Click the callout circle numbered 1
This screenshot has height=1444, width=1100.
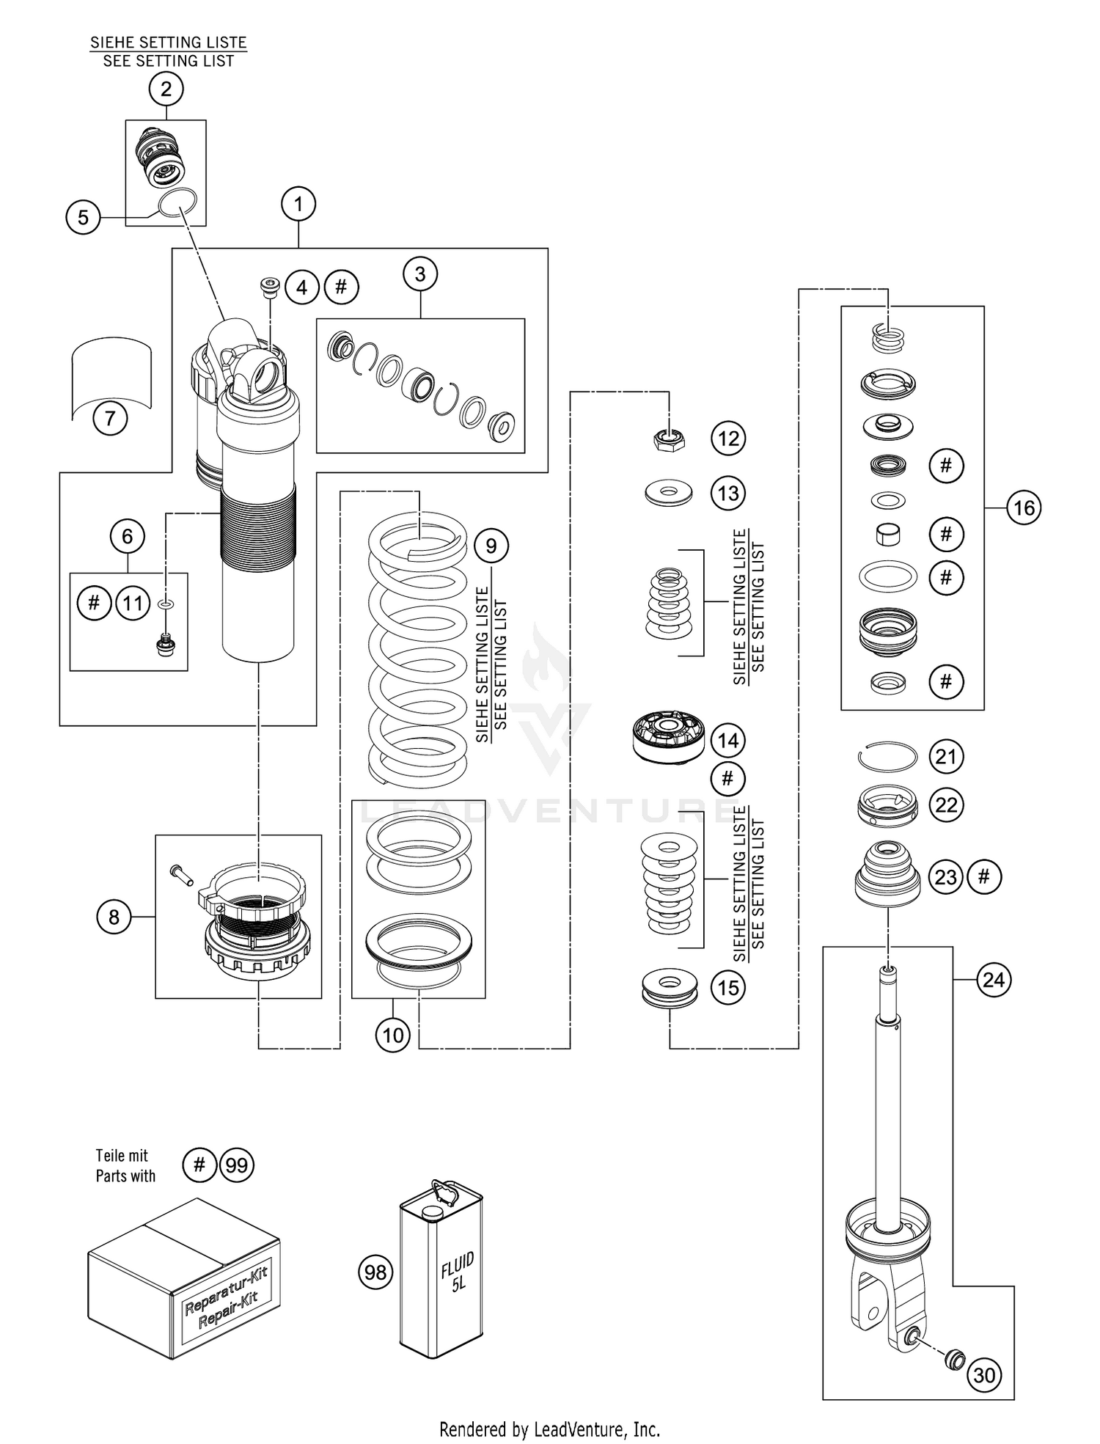[298, 204]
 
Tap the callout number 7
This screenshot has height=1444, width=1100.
[110, 418]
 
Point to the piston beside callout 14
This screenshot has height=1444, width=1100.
[668, 738]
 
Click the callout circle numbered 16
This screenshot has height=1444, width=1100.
[1024, 507]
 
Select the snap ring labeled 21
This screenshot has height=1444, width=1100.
[887, 755]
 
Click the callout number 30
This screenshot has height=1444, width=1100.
[984, 1374]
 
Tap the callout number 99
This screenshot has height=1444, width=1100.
[237, 1165]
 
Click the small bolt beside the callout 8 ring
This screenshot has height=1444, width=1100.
[178, 871]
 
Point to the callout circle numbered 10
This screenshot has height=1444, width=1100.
[393, 1035]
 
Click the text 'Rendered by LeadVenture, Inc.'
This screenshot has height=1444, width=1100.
[549, 1429]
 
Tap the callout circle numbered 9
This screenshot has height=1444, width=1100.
[491, 546]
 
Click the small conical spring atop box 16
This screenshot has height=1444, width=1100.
[888, 337]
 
